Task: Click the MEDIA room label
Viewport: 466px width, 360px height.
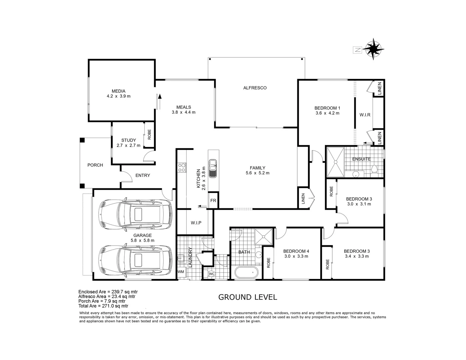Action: pos(118,91)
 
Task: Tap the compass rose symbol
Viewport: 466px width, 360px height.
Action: pos(374,49)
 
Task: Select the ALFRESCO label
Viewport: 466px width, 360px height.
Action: pos(255,88)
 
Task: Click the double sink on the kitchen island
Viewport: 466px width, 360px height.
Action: pos(213,169)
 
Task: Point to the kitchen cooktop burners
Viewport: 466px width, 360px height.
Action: pos(182,167)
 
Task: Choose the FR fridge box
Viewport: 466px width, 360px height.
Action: pos(213,201)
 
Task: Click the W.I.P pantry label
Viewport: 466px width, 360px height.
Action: pos(196,223)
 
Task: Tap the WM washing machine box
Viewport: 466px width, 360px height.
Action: pos(181,272)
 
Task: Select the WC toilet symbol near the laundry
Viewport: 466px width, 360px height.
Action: pos(212,274)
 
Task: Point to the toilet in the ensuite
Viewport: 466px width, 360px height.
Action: pos(374,170)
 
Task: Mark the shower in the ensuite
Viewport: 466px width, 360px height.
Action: pos(335,162)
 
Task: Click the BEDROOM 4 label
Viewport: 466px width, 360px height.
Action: pos(296,251)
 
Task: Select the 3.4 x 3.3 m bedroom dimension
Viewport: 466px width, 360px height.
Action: pos(357,256)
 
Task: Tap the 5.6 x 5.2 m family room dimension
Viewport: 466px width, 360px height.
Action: pos(257,173)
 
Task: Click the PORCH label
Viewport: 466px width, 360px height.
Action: pos(95,165)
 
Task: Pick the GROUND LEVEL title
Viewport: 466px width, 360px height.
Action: pos(247,297)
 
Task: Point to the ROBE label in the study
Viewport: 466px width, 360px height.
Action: pos(149,134)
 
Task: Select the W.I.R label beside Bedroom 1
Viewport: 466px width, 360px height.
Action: pos(365,115)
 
